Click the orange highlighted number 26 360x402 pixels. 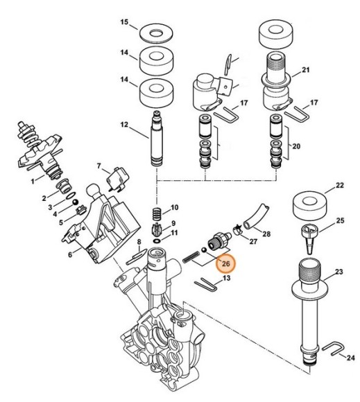point(225,264)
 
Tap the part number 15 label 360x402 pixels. point(125,23)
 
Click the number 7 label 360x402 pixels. point(100,166)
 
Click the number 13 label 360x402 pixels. point(226,278)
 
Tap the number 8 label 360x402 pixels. point(138,242)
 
